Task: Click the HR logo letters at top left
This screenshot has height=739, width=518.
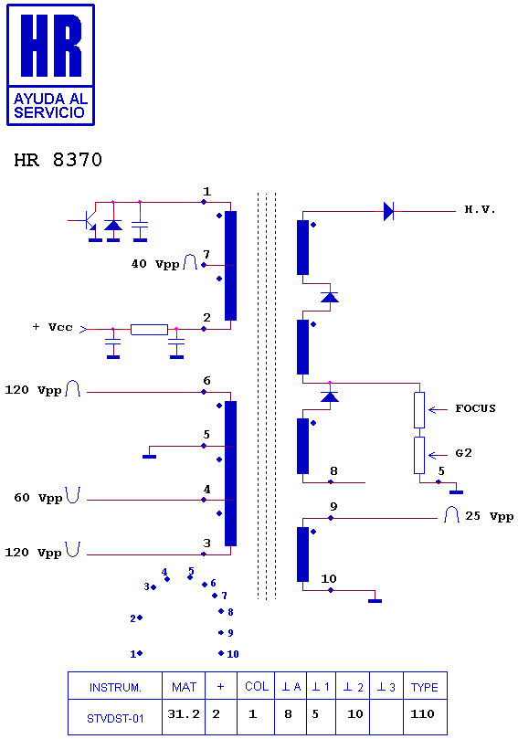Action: point(51,46)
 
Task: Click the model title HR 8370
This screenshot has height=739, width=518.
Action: point(58,160)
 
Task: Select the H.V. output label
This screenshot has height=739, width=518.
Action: point(480,210)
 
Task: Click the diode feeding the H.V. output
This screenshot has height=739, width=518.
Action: point(388,211)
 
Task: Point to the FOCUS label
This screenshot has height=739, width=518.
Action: point(475,408)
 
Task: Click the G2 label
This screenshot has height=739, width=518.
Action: point(463,453)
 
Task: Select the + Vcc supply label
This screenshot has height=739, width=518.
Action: point(53,327)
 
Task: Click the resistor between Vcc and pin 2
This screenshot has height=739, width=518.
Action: point(149,330)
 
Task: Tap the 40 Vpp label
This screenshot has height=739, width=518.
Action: point(155,264)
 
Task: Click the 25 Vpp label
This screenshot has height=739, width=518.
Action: point(490,516)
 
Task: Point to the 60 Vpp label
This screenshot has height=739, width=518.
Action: point(38,498)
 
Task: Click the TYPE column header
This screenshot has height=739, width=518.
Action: point(425,686)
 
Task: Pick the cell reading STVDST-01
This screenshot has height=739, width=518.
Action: point(115,717)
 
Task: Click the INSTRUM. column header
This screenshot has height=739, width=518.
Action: point(115,686)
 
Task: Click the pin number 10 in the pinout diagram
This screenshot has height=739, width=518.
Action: point(233,654)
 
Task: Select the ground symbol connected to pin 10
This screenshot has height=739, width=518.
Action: point(375,601)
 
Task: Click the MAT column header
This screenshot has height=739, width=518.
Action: point(184,686)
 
